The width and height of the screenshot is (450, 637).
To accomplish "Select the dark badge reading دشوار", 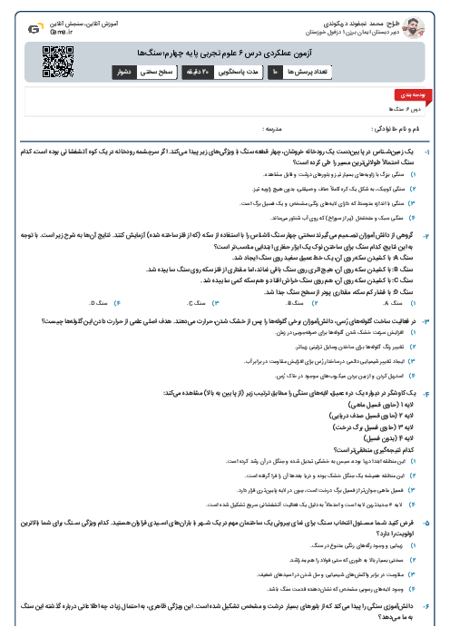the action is click(x=124, y=70).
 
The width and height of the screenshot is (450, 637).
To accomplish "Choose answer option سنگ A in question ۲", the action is click(x=382, y=300).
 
